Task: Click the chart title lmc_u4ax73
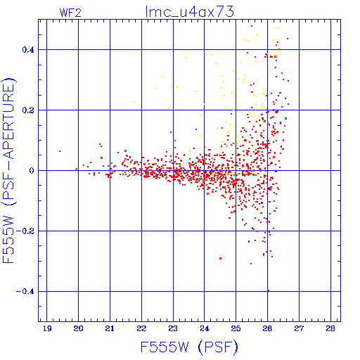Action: (190, 11)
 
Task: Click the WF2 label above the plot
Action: (70, 13)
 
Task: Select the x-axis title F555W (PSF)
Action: (189, 347)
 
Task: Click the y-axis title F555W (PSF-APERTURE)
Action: (8, 170)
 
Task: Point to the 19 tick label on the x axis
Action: (47, 328)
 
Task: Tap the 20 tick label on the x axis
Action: (78, 328)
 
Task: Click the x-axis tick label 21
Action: (110, 328)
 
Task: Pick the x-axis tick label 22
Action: (141, 328)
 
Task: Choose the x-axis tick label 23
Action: (173, 328)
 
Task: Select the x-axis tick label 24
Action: (205, 328)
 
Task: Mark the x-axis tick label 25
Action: (236, 328)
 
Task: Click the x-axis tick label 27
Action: (299, 328)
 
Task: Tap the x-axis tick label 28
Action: (330, 328)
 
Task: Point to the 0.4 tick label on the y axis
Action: (28, 50)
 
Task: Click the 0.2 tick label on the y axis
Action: (28, 110)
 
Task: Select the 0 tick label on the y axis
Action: (32, 171)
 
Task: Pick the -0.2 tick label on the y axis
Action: (25, 231)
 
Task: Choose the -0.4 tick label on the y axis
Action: (25, 292)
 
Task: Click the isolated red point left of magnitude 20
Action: (60, 151)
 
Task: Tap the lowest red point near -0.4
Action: (268, 290)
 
